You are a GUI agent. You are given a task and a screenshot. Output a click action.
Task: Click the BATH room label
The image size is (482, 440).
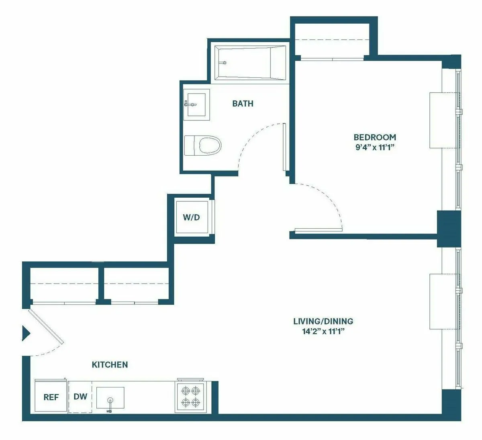pyautogui.click(x=243, y=103)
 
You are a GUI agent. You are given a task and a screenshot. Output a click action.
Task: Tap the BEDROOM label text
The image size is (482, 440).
pyautogui.click(x=374, y=137)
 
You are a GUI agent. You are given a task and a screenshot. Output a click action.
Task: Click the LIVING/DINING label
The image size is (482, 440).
pyautogui.click(x=323, y=321)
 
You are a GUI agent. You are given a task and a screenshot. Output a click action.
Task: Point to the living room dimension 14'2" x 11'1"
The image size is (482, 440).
pyautogui.click(x=323, y=331)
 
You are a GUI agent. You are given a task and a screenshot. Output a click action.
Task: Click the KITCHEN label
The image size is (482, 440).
pyautogui.click(x=110, y=365)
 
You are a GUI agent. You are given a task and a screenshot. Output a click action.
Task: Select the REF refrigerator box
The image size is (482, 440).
pyautogui.click(x=51, y=397)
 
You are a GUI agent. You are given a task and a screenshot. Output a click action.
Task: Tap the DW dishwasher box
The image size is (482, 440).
pyautogui.click(x=80, y=397)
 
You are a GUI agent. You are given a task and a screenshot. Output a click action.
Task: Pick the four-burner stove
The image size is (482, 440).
pyautogui.click(x=191, y=396)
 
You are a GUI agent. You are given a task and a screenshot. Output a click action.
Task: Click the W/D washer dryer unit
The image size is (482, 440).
pyautogui.click(x=191, y=217)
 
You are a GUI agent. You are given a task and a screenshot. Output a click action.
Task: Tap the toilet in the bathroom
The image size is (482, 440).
pyautogui.click(x=203, y=145)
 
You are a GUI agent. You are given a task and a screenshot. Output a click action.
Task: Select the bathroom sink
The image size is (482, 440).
pyautogui.click(x=197, y=104)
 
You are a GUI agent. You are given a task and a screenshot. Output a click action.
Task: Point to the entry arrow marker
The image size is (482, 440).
pyautogui.click(x=26, y=333)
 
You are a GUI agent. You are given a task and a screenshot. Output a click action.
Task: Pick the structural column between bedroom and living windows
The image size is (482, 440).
pyautogui.click(x=448, y=228)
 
